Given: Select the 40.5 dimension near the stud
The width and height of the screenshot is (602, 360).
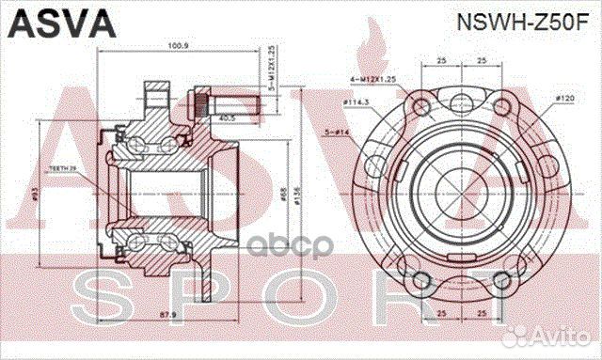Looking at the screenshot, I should pyautogui.click(x=225, y=119).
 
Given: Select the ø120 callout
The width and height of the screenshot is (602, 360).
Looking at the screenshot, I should pyautogui.click(x=565, y=97).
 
